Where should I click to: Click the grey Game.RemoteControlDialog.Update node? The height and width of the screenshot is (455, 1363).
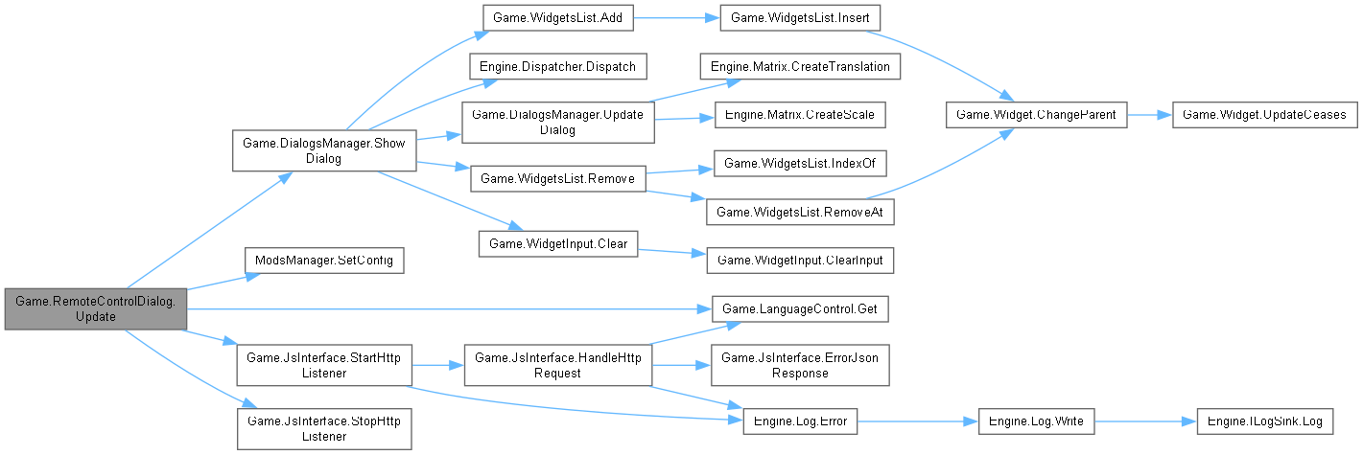(94, 308)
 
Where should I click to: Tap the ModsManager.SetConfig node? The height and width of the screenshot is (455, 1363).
(323, 260)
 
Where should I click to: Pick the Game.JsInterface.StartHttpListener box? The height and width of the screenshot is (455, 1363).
(323, 365)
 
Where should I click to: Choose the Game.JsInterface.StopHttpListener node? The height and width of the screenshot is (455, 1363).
(323, 427)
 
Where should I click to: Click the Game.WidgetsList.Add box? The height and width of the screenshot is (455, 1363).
(557, 18)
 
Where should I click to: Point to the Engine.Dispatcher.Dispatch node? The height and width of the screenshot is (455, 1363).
(557, 66)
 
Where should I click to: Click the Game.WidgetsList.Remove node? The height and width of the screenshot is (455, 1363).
(557, 177)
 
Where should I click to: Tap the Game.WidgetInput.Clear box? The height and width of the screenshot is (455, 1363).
(557, 243)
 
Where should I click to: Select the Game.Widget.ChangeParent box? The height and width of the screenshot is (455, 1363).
(1035, 114)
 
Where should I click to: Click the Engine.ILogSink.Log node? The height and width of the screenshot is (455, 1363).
(1262, 421)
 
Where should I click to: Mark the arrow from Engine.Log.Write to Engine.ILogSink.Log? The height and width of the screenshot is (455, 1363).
(1142, 421)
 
